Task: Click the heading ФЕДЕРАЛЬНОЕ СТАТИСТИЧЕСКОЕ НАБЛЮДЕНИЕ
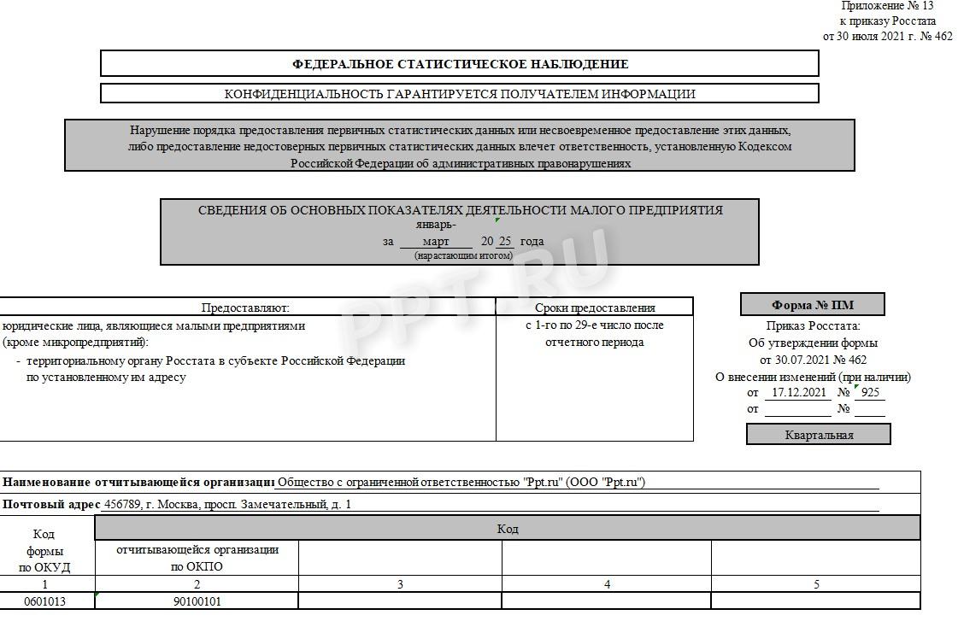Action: [x=460, y=64]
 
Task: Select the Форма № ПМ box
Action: [x=812, y=305]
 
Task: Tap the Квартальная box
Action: [x=819, y=435]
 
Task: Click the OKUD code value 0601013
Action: [x=44, y=601]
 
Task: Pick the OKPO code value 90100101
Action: [x=197, y=601]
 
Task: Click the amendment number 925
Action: [x=871, y=393]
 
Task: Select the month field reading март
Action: [x=436, y=242]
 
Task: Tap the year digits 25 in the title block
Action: [x=505, y=242]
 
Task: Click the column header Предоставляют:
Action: [x=245, y=308]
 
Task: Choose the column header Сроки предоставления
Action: [x=595, y=308]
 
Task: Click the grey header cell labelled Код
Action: [x=507, y=529]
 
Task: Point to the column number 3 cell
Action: [x=400, y=584]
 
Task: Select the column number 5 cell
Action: [x=815, y=584]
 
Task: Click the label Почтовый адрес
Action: [x=51, y=504]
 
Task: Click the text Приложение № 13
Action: [x=887, y=6]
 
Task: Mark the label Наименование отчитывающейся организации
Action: [x=137, y=482]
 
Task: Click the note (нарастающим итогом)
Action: [x=463, y=255]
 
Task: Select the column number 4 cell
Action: [x=607, y=584]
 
